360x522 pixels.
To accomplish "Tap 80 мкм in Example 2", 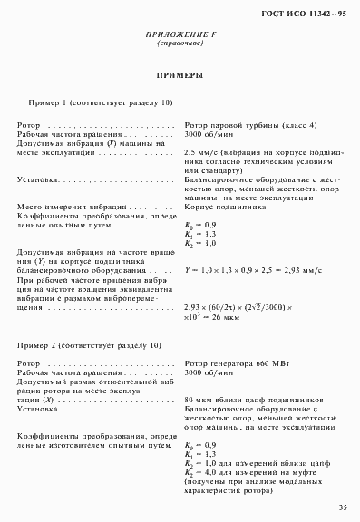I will pos(197,400).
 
